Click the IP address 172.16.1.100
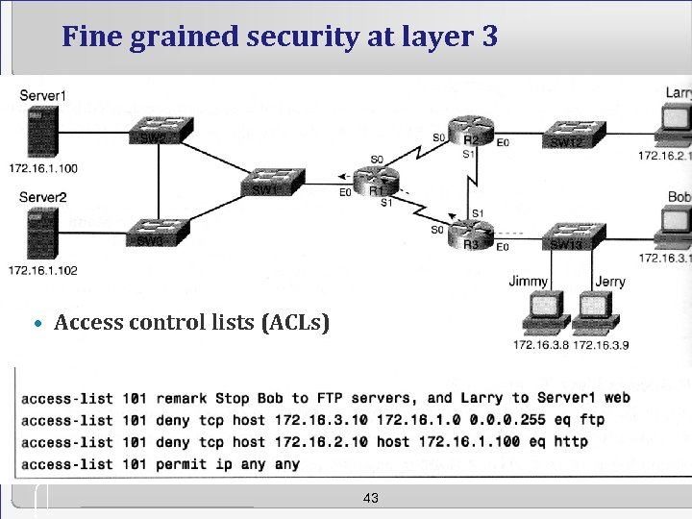coord(42,168)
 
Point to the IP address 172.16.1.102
coord(42,270)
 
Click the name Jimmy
coord(529,282)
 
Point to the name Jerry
coord(609,282)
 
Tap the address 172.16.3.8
coord(541,345)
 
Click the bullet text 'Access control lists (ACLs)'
coord(191,322)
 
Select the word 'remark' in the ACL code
coord(182,398)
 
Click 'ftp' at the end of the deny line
coord(592,420)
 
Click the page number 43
coord(371,498)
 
